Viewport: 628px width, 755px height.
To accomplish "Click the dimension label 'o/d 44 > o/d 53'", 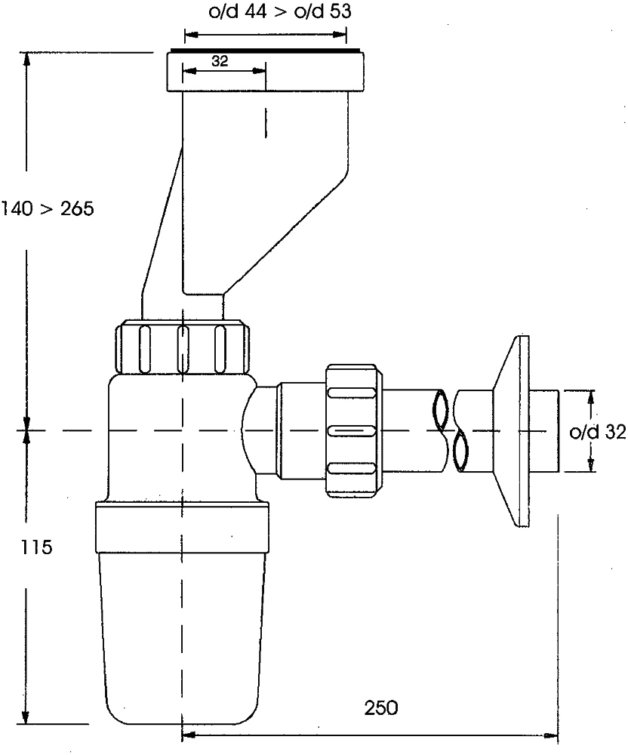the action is pos(279,11).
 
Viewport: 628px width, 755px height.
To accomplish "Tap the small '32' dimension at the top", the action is pos(220,61).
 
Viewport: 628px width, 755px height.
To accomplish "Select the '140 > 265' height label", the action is pos(47,208).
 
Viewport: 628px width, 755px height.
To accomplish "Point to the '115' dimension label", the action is pos(36,547).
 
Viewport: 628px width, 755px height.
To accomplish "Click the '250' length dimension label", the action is pos(381,708).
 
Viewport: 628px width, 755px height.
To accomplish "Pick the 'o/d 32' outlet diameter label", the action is pos(598,432).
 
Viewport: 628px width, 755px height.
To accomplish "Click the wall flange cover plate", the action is pos(512,431).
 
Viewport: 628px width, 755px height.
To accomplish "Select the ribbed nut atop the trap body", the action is pos(183,347).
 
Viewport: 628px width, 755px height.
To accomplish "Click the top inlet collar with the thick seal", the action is pos(265,70).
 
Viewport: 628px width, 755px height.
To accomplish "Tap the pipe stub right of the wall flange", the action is pos(544,431).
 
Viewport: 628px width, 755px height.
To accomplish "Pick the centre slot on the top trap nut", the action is pos(183,349).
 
